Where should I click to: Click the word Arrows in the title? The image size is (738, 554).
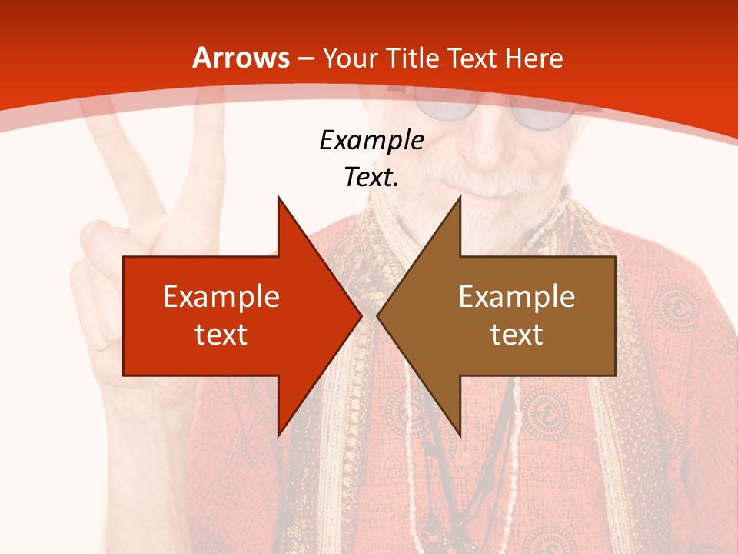pos(241,58)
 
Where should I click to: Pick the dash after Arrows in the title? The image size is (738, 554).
pos(306,58)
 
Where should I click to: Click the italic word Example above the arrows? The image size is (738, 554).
pos(371,141)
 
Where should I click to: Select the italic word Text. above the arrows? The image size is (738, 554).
pos(371,178)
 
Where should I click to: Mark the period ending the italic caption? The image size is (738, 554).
pos(396,185)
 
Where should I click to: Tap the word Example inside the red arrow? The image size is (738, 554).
pos(221,296)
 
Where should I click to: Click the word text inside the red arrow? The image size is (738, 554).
pos(221,334)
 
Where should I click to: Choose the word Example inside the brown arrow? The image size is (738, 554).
pos(517,296)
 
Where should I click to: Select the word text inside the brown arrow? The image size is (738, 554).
pos(517,334)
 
